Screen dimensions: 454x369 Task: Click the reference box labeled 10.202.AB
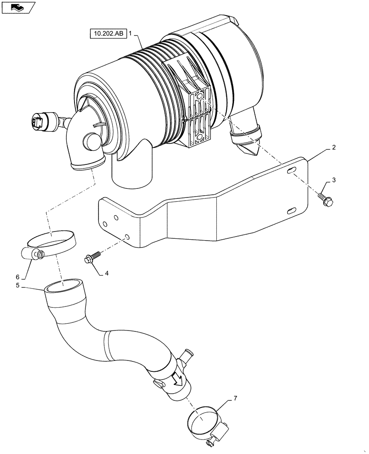tap(108, 34)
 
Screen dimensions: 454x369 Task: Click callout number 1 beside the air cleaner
tap(130, 34)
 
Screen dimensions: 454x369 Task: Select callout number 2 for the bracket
tap(334, 148)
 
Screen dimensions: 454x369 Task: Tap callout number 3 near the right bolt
tap(334, 180)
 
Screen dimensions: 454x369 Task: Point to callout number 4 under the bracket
tap(107, 273)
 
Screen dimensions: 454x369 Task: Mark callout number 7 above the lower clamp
tap(235, 399)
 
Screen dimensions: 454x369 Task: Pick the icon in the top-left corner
tap(17, 7)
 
